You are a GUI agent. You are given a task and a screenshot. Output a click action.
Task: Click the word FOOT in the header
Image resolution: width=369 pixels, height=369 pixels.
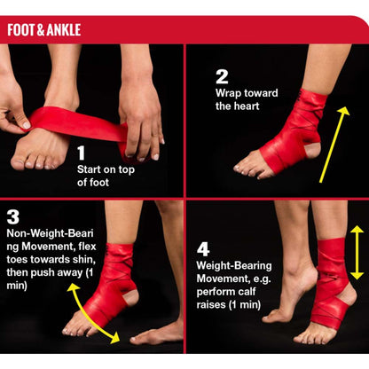click(x=21, y=30)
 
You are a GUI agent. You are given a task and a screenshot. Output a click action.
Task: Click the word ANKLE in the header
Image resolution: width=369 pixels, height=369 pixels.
click(x=64, y=30)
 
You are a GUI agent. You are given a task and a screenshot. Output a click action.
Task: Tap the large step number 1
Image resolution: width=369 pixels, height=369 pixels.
click(x=81, y=153)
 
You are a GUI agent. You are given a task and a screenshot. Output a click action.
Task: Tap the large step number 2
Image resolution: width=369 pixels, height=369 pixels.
click(x=222, y=77)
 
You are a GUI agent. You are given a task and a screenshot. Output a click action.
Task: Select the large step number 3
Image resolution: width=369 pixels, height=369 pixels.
click(x=13, y=217)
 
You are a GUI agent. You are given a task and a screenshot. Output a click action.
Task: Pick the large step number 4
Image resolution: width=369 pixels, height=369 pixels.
click(x=203, y=249)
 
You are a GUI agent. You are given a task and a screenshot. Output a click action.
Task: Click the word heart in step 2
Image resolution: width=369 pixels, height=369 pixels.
click(x=245, y=106)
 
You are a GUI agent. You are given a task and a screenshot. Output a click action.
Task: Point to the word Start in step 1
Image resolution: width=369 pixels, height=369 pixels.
click(x=89, y=169)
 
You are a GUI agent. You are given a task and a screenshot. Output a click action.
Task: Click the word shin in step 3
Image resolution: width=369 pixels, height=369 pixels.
click(x=84, y=259)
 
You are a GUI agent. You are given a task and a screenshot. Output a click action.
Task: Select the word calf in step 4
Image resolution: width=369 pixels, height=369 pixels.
click(x=247, y=292)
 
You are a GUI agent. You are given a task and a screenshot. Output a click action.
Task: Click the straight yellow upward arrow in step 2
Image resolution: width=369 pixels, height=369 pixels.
click(x=334, y=145)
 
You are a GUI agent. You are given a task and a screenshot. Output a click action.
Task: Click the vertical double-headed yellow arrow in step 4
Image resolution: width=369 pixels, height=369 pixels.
click(x=357, y=253)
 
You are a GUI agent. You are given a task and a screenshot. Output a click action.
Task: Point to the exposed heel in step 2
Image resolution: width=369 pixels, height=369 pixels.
click(x=313, y=150)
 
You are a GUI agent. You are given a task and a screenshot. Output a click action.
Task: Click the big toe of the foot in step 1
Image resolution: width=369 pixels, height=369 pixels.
click(x=19, y=162)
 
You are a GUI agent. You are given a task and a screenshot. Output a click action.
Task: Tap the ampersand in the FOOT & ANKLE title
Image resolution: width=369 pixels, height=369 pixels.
click(x=41, y=30)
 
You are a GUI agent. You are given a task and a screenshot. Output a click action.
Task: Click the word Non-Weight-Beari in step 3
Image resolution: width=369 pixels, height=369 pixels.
click(x=51, y=233)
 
